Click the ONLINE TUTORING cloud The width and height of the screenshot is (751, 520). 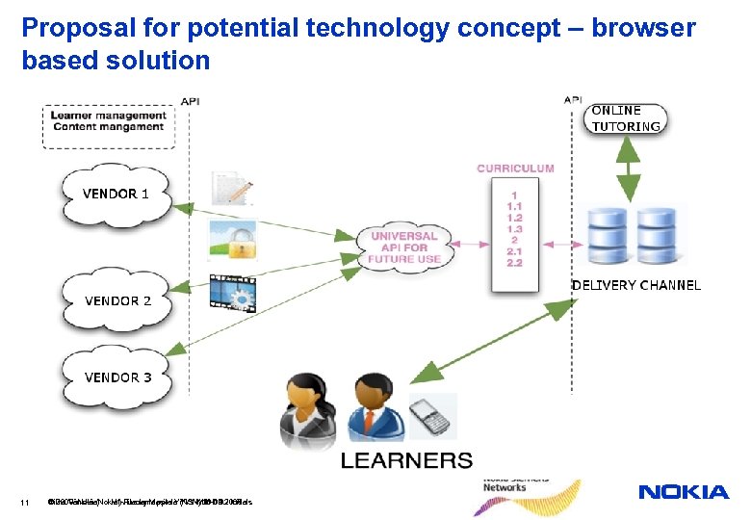coord(626,118)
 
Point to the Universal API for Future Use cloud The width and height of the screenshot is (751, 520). coord(403,247)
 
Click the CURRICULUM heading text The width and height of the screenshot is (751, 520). coord(515,169)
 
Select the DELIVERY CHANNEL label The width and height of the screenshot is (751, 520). coord(635,285)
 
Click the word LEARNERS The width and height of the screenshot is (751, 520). coord(406,460)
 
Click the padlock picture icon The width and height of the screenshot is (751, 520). coord(232,241)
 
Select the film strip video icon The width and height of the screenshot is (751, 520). coord(232,294)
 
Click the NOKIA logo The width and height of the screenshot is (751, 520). coord(684,492)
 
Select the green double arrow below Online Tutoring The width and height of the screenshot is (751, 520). coord(628,168)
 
